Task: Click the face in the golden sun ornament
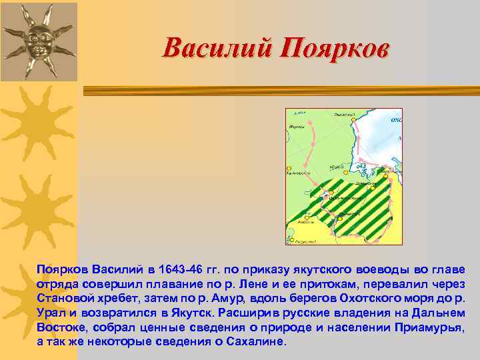pos(37,41)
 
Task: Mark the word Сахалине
pos(257,341)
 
